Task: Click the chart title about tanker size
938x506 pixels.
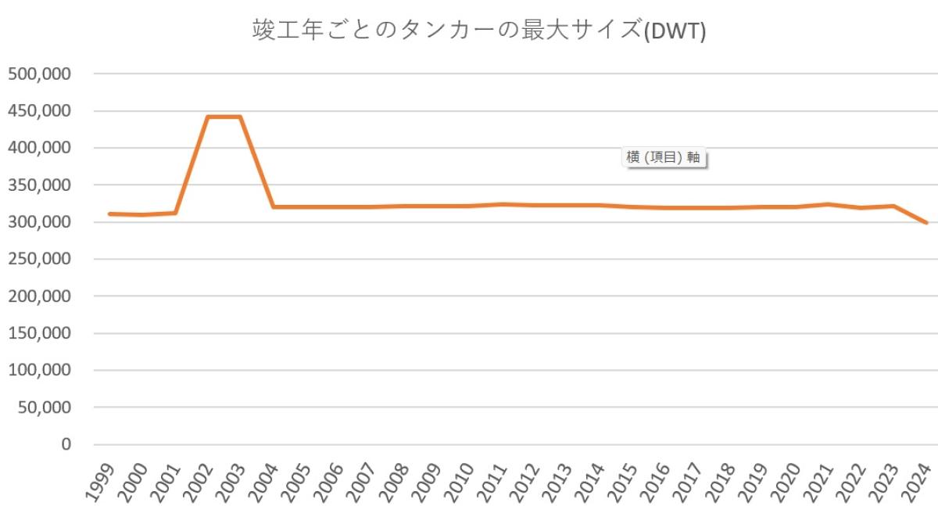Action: tap(478, 31)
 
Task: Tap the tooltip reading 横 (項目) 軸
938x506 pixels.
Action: tap(663, 157)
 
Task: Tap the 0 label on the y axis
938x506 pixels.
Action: tap(66, 444)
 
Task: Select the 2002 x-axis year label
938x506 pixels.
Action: tap(197, 480)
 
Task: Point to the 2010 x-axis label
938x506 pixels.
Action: tap(459, 480)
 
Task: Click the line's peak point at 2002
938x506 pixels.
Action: tap(207, 117)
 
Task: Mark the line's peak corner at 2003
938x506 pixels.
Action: tap(240, 117)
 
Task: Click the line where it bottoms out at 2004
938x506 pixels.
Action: tap(273, 207)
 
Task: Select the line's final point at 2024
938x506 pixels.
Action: tap(926, 223)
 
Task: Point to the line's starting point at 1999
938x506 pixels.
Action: tap(109, 214)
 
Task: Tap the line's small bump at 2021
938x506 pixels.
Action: tap(829, 204)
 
